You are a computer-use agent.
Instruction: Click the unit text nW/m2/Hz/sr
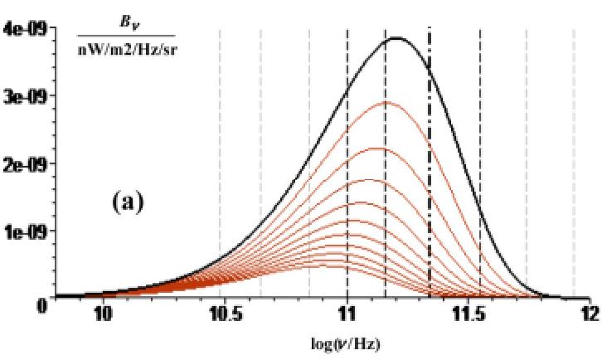pos(126,48)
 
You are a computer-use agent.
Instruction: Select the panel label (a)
pos(128,202)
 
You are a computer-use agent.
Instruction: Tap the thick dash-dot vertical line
pos(430,166)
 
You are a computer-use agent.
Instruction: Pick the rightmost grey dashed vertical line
pos(575,166)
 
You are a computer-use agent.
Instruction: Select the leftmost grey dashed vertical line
pos(220,166)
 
